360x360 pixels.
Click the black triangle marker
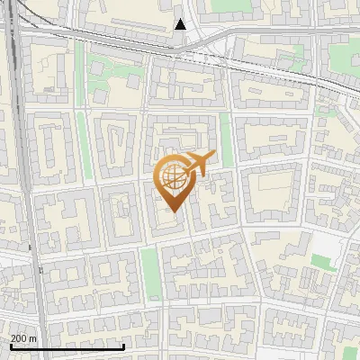tap(181, 24)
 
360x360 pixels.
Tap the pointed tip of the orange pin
tap(172, 212)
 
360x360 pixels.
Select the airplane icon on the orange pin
tap(199, 165)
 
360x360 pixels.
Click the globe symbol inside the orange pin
tap(172, 179)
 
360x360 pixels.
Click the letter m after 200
tap(33, 338)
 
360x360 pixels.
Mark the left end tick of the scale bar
tap(10, 346)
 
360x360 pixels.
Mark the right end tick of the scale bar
tap(123, 346)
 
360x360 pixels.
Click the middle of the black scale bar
tap(67, 346)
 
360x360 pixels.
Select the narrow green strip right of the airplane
tap(226, 144)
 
